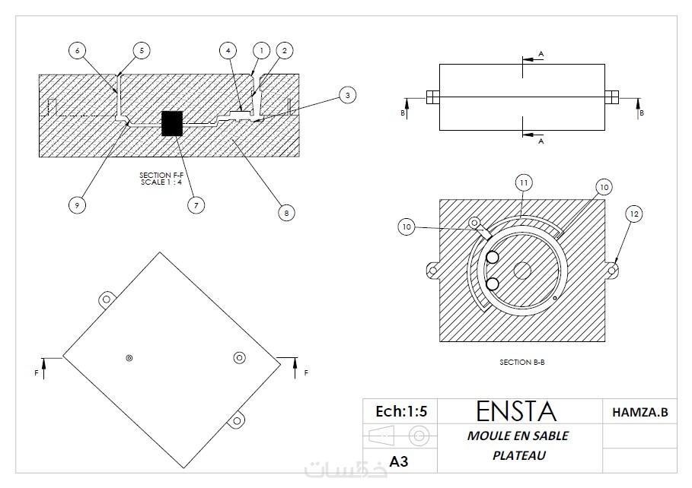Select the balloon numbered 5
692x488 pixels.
[x=141, y=50]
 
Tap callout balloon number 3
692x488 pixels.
[x=346, y=96]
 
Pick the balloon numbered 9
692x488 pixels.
[x=75, y=204]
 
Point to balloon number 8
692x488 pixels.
[x=285, y=214]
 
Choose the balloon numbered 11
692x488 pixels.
[x=524, y=182]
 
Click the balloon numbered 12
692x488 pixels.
[x=633, y=214]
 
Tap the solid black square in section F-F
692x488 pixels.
[x=173, y=123]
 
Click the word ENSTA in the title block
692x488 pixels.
[x=516, y=411]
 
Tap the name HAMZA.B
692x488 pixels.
[x=639, y=412]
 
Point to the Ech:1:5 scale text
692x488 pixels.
[x=401, y=411]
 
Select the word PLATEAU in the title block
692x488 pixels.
[x=517, y=455]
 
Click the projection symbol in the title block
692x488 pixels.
[x=398, y=436]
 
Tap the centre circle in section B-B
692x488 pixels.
[x=521, y=270]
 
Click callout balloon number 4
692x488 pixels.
[x=227, y=50]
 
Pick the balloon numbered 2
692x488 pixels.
[x=283, y=50]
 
